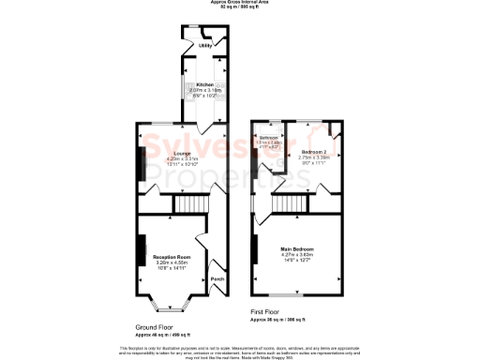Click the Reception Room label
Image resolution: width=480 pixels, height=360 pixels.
point(172,257)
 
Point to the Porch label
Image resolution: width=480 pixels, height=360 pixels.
point(217,278)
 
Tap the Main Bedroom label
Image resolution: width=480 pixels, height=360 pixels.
point(297,248)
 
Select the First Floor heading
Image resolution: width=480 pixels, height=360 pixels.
point(266,310)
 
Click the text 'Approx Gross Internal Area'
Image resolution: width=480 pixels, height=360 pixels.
point(239,4)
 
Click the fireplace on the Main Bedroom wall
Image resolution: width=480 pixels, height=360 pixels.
point(255,249)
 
